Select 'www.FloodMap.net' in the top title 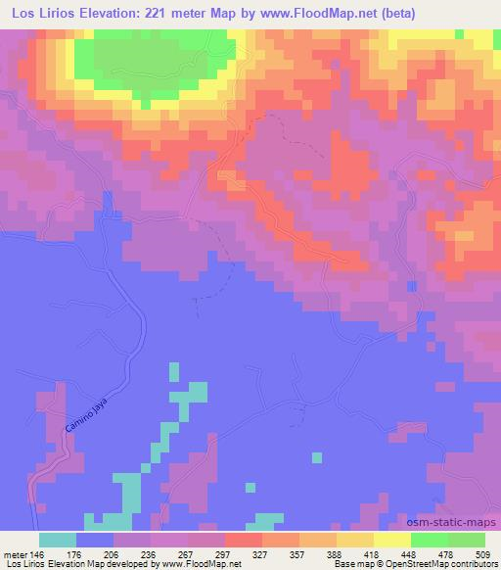coord(306,13)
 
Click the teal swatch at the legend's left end coord(57,539)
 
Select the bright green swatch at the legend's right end coord(467,539)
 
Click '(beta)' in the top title coord(388,13)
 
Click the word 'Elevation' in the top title coord(106,13)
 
